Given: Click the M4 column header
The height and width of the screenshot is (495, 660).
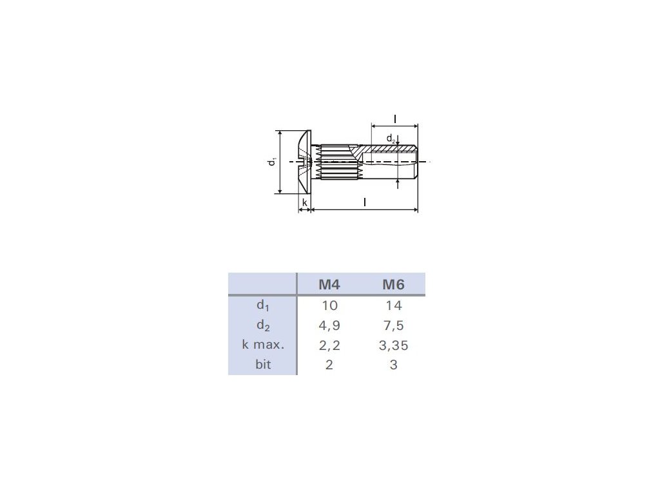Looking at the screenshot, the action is click(x=329, y=284).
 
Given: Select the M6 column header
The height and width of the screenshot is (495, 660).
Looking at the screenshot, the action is click(x=393, y=284).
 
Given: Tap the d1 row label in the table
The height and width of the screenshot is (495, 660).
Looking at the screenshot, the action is click(x=263, y=306).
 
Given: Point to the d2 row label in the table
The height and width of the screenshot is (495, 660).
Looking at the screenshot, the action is click(x=263, y=325).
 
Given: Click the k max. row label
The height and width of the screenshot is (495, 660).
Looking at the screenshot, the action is click(x=263, y=345).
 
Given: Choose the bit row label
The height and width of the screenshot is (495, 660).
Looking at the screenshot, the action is click(x=263, y=364).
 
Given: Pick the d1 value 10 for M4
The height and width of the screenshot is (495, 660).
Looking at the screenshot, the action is click(x=329, y=306).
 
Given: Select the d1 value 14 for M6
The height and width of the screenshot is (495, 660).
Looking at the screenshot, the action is click(x=394, y=306).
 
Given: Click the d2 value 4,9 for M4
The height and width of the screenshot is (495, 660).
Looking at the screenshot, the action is click(x=329, y=325).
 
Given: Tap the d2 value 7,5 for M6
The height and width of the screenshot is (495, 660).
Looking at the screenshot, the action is click(x=394, y=325).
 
